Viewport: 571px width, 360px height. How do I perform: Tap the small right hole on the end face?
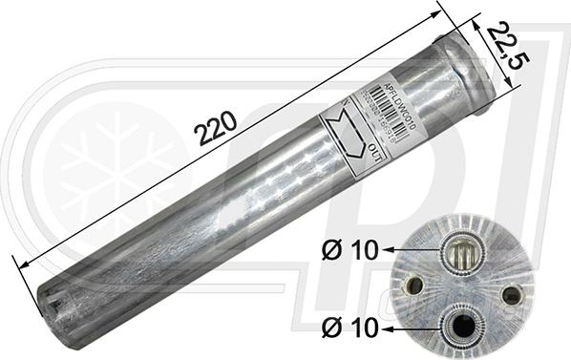pyautogui.click(x=511, y=294)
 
